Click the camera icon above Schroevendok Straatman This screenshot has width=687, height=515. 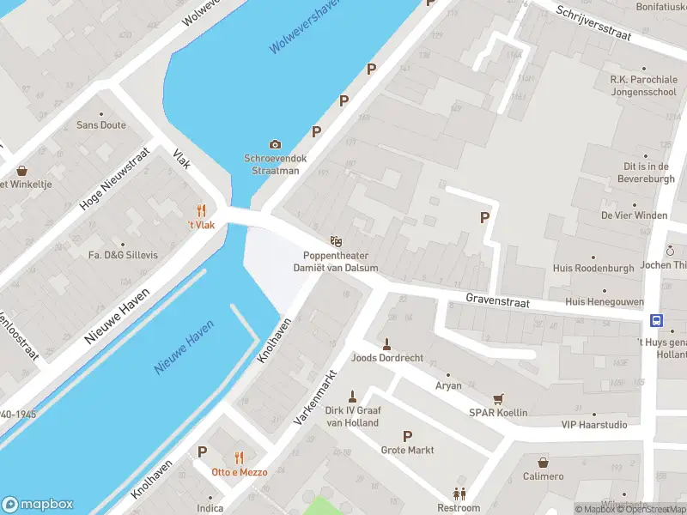(x=275, y=144)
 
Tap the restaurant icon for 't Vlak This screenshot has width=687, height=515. (x=202, y=210)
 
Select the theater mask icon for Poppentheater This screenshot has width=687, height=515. (x=336, y=242)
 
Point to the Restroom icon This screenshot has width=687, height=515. (x=459, y=494)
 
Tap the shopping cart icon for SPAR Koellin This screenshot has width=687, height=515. (x=498, y=399)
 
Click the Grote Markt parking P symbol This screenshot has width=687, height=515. (x=407, y=436)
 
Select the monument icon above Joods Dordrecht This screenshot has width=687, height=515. (x=386, y=344)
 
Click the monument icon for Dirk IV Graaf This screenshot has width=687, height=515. (x=352, y=396)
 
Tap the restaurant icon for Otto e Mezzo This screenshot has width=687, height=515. (x=240, y=457)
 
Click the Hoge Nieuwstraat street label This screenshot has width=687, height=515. (x=114, y=179)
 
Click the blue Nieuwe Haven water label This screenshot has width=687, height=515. (x=184, y=353)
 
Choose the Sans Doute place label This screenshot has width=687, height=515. (x=101, y=125)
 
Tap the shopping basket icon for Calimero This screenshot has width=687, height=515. (x=543, y=463)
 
